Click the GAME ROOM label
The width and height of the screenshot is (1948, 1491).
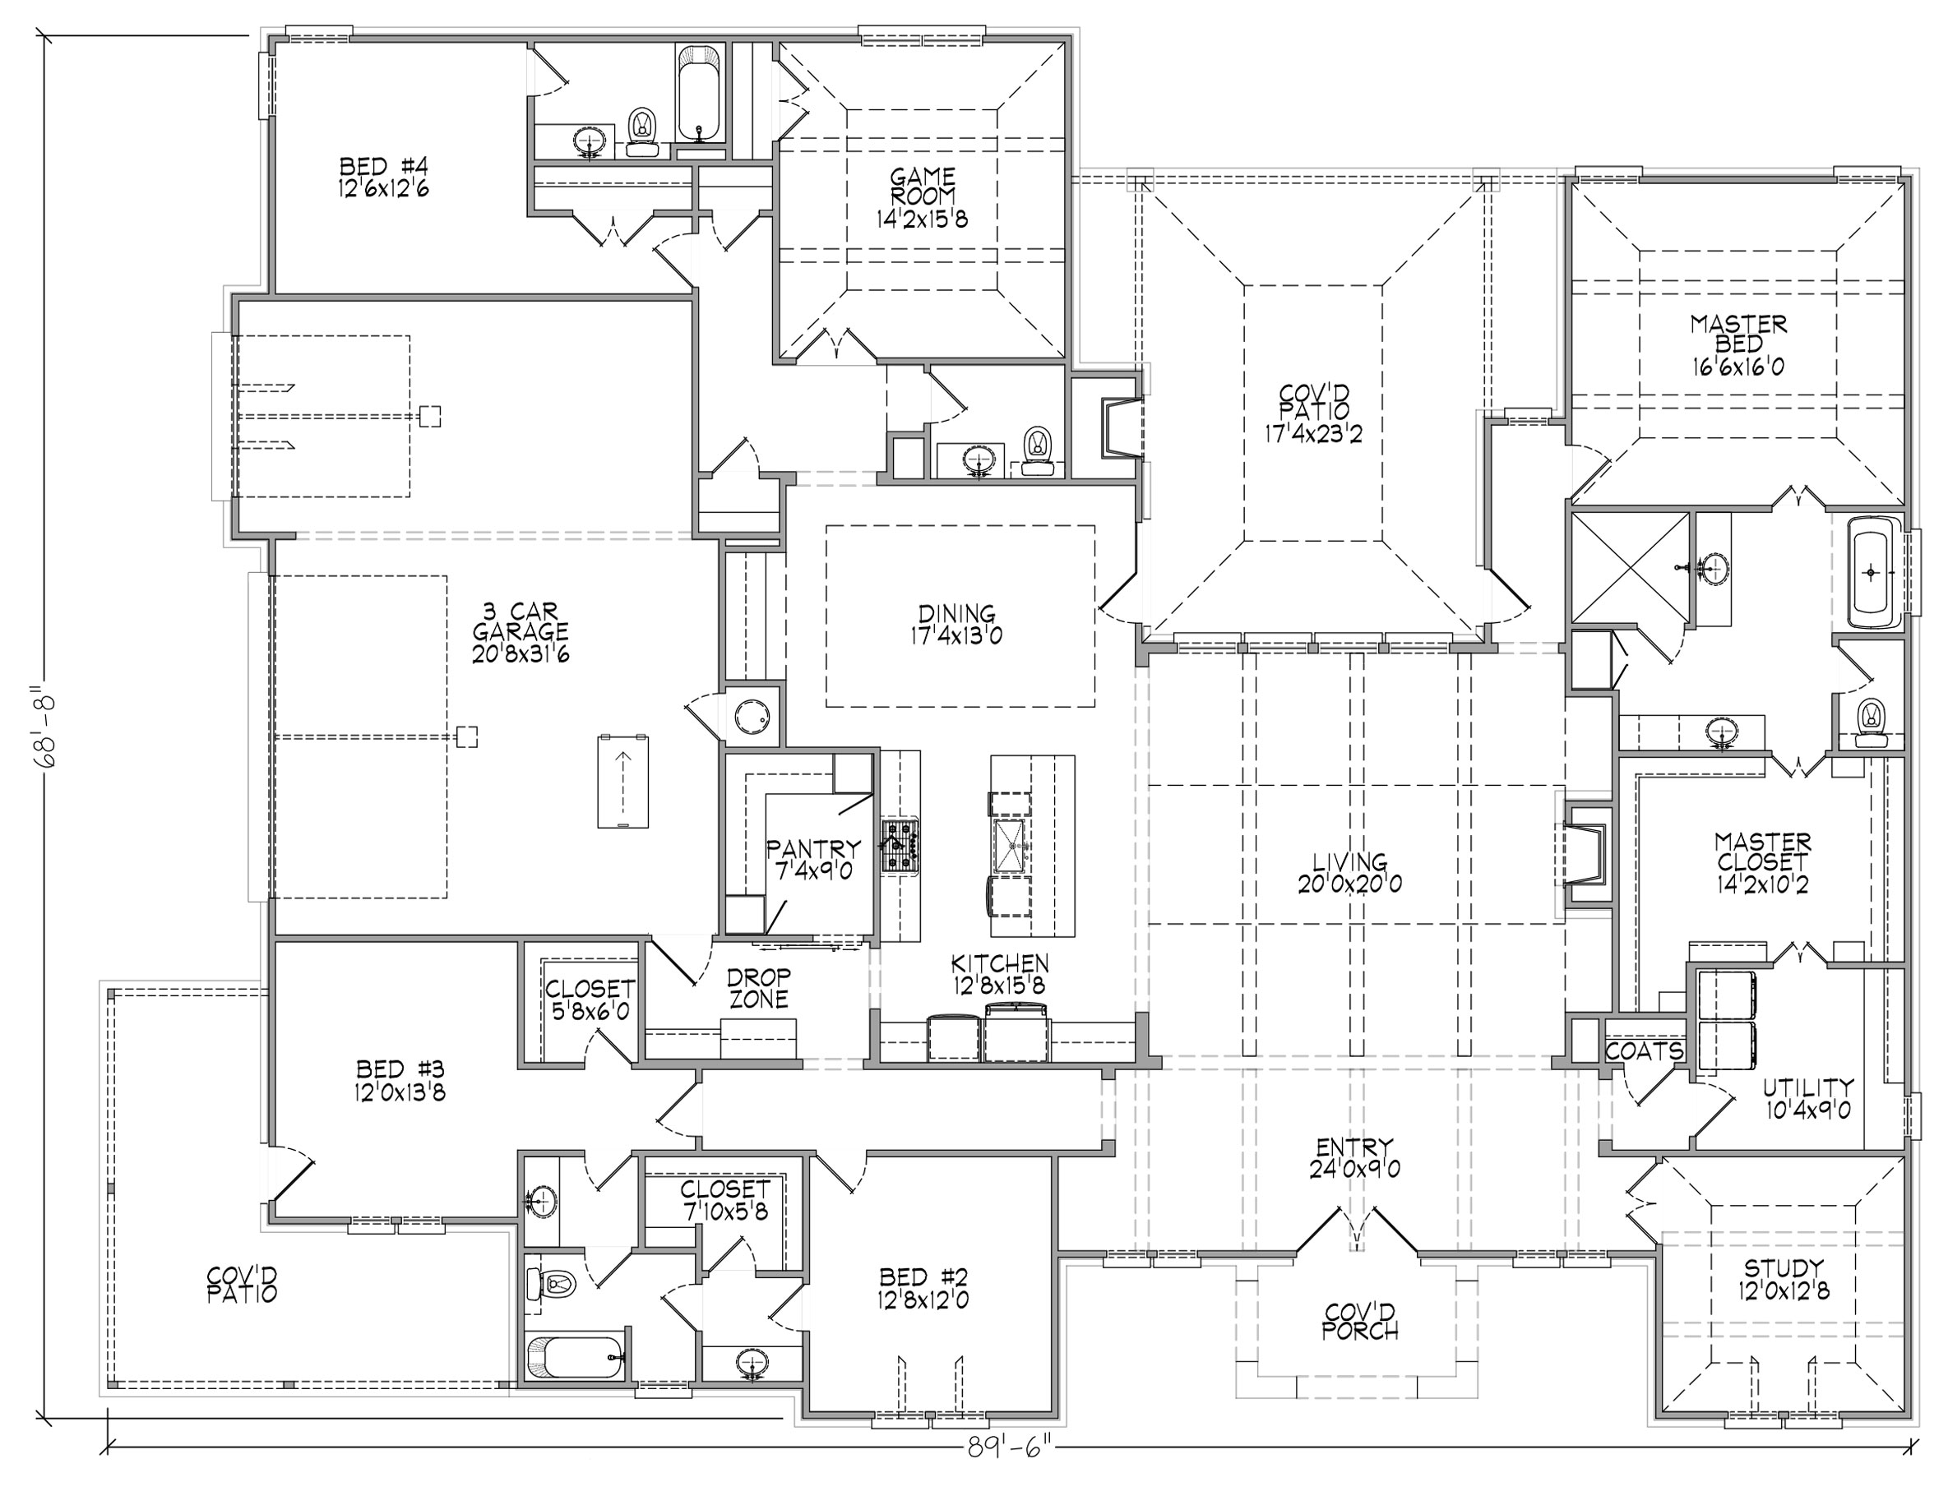923,187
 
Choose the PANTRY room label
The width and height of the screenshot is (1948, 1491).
813,849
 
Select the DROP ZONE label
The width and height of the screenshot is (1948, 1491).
758,988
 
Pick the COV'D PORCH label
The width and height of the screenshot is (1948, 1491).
1359,1322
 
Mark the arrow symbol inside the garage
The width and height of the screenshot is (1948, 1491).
622,782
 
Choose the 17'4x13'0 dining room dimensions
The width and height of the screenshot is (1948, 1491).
956,635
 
